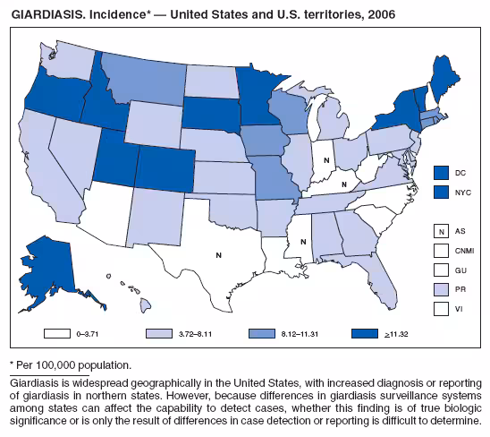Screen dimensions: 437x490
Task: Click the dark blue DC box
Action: [x=439, y=172]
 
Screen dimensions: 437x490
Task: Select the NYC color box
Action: [x=439, y=192]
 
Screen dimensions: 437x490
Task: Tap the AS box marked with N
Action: [x=439, y=230]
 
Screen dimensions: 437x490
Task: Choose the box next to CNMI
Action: [x=439, y=250]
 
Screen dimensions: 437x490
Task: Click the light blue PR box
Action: [x=439, y=288]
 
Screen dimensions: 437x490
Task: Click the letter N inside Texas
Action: [x=218, y=255]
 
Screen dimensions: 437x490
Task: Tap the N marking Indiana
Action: [x=328, y=160]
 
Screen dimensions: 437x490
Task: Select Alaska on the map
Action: [x=58, y=264]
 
